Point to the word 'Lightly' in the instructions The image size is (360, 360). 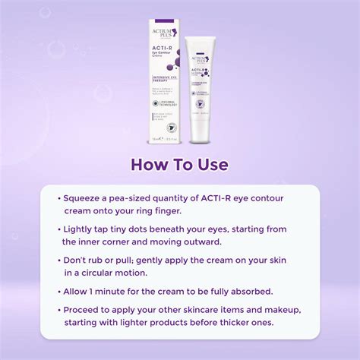tap(84, 229)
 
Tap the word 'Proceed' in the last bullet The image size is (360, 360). tap(86, 310)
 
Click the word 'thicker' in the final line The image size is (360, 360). tap(228, 323)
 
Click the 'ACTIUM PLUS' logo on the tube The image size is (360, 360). tap(201, 60)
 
